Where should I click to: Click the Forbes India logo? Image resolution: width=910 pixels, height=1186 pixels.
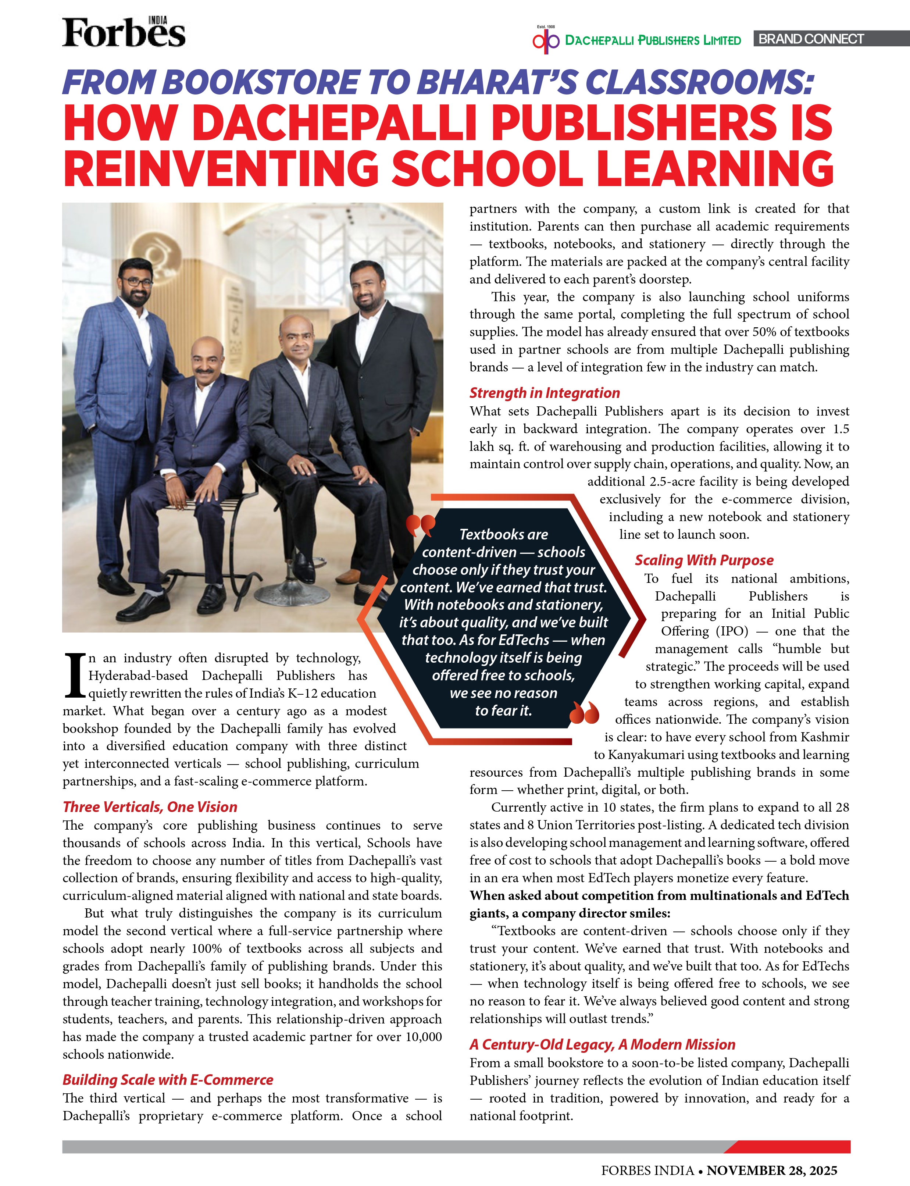click(x=124, y=32)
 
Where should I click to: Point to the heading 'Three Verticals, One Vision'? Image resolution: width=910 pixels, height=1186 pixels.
click(x=150, y=807)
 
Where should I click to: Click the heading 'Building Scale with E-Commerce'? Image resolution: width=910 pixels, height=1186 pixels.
click(x=168, y=1080)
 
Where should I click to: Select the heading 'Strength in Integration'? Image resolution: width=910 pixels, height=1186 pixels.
click(x=545, y=393)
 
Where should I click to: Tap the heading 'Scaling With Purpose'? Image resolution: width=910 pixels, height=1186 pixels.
click(x=704, y=560)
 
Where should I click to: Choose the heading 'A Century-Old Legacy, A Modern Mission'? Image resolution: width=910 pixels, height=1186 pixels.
click(x=602, y=1044)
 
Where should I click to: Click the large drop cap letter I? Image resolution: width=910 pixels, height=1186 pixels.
click(x=74, y=675)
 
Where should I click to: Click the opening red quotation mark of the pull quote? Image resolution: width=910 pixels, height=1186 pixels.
click(x=420, y=524)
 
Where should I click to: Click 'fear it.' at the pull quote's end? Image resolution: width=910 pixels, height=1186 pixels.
click(x=503, y=710)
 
